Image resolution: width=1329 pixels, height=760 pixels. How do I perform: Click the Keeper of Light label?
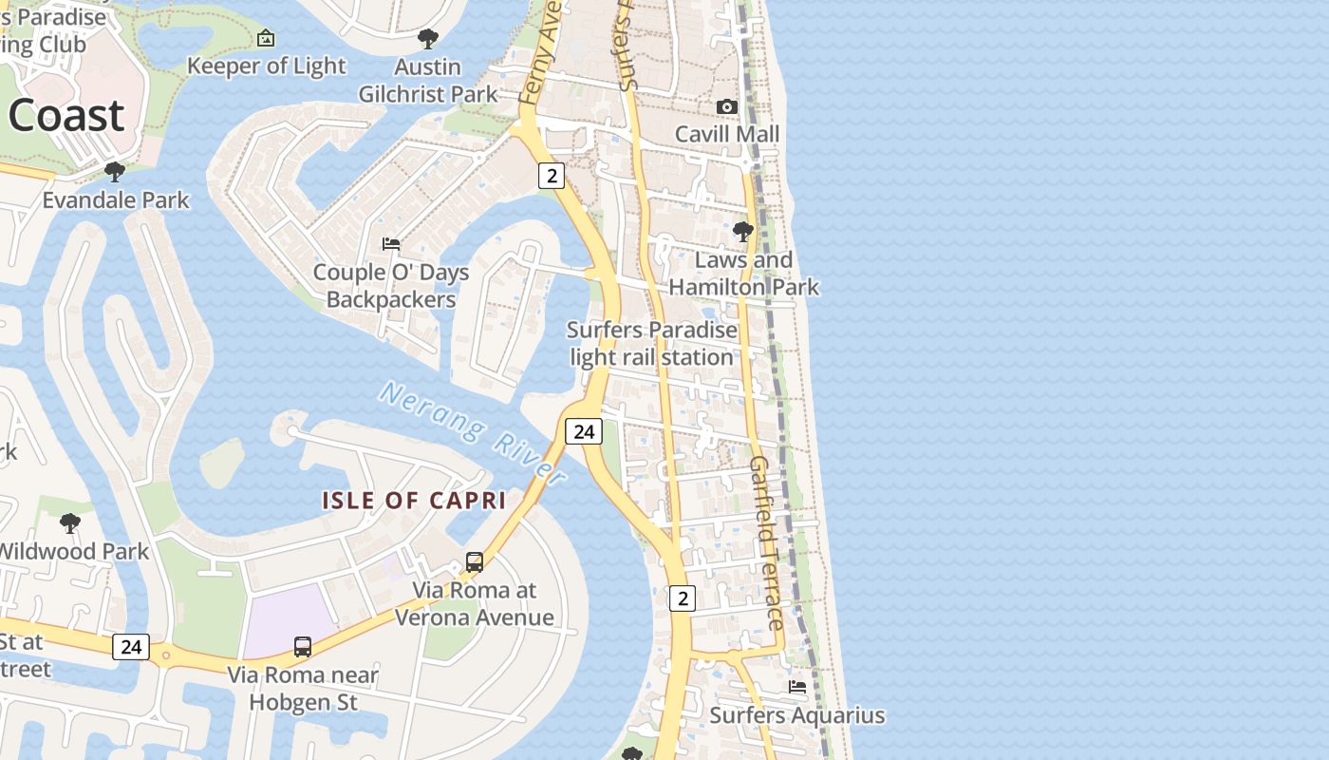[x=267, y=66]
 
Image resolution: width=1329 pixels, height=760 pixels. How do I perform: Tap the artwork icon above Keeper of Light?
[x=266, y=38]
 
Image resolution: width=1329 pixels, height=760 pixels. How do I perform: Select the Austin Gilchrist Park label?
[x=428, y=81]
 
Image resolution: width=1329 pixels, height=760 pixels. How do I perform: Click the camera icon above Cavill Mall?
[x=727, y=106]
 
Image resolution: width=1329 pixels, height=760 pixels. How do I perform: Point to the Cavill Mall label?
[x=727, y=134]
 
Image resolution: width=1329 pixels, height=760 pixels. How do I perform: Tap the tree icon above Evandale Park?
[x=115, y=172]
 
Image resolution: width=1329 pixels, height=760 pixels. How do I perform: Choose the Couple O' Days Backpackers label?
[x=391, y=286]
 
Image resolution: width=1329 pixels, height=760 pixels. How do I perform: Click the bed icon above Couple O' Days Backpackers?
[x=391, y=244]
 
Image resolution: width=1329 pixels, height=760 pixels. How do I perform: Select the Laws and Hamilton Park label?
[x=744, y=274]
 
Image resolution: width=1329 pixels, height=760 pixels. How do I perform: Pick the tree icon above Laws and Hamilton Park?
[x=743, y=231]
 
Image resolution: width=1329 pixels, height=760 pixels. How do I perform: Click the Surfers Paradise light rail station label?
[x=651, y=344]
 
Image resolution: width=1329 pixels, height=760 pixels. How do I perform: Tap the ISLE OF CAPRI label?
[x=414, y=501]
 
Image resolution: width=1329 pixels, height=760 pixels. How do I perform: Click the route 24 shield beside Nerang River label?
[x=584, y=431]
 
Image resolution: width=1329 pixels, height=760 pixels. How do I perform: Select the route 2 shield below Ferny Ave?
[x=552, y=175]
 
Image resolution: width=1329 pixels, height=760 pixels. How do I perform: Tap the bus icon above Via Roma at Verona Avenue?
[x=475, y=561]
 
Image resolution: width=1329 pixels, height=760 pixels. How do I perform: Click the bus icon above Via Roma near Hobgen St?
[x=303, y=647]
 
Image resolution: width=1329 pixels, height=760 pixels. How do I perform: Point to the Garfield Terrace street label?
[x=767, y=542]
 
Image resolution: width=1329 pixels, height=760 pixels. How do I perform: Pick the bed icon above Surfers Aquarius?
[x=797, y=686]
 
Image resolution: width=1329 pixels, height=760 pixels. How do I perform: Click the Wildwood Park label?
[x=73, y=551]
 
